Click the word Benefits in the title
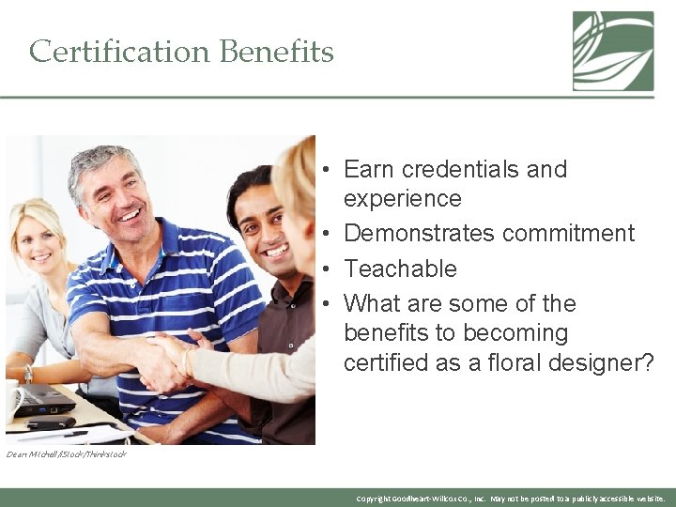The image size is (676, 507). [x=276, y=51]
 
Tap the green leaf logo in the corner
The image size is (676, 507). [x=613, y=51]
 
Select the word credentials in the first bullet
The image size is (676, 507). [x=457, y=170]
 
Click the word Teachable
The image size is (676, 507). [x=400, y=269]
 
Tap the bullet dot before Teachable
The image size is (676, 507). [x=322, y=269]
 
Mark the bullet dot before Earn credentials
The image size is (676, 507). [x=322, y=171]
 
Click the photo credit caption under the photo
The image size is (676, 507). [x=66, y=454]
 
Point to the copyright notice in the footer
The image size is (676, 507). [x=511, y=499]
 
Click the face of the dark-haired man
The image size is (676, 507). [x=265, y=230]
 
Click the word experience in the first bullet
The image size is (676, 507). [x=403, y=199]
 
